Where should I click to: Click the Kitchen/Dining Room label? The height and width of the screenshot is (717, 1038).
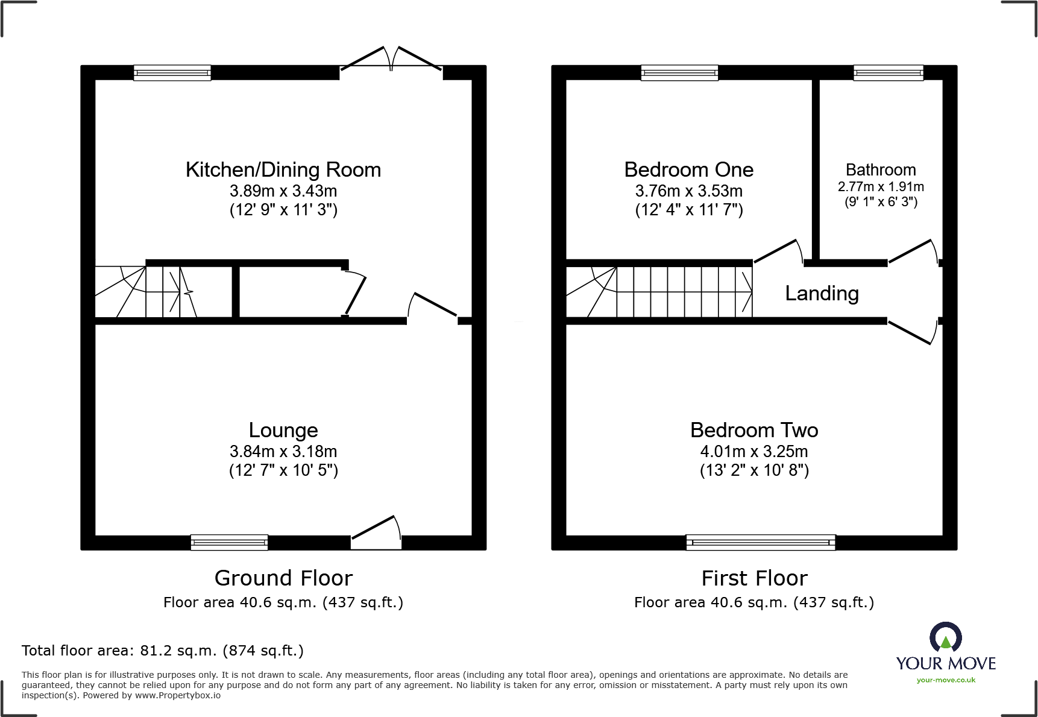coord(283,170)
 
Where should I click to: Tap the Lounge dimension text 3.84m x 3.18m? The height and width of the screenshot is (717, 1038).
coord(283,452)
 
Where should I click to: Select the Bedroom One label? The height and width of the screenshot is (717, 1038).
coord(688,170)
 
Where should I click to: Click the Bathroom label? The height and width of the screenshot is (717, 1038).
coord(881,170)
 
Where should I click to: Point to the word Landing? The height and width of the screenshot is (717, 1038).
coord(822,294)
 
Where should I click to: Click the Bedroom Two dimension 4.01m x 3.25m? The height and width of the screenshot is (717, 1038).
coord(754,452)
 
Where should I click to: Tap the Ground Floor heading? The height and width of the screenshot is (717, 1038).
coord(283,578)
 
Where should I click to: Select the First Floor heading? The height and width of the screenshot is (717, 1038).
coord(754,578)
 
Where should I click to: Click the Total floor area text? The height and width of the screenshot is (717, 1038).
coord(163,651)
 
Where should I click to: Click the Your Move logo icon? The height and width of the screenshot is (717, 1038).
coord(945,637)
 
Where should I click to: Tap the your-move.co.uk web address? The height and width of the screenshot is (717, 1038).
coord(946,680)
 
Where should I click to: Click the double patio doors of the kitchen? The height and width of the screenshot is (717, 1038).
coord(391,61)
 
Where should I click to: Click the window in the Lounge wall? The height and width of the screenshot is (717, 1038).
coord(229,543)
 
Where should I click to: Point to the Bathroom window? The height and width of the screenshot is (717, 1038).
coord(888,73)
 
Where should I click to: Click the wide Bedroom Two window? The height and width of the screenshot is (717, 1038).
coord(761,543)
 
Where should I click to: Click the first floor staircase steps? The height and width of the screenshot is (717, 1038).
coord(684,292)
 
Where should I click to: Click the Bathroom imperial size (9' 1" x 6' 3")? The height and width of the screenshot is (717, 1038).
coord(881,202)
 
